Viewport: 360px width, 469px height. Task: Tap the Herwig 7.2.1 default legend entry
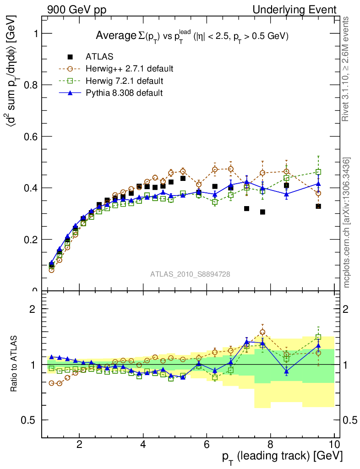coord(125,81)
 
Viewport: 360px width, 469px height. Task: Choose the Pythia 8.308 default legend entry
coord(124,93)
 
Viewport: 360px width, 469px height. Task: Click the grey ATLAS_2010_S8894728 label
coord(190,274)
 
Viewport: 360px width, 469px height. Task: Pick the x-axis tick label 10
coord(334,445)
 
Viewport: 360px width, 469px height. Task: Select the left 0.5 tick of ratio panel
coord(31,420)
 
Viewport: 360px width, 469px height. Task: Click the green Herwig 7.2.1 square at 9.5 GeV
coord(318,172)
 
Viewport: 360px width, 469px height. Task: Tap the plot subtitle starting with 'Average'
coord(192,36)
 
